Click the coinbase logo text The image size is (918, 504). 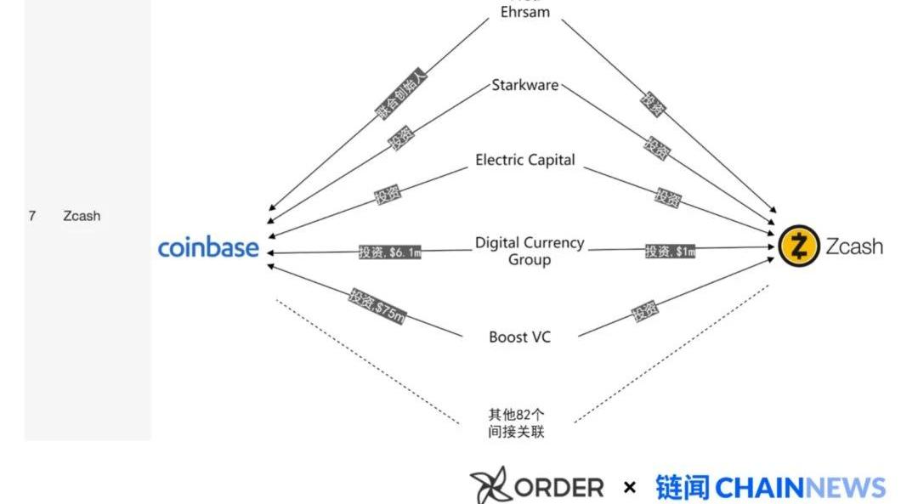[208, 247]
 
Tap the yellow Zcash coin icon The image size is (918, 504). [799, 247]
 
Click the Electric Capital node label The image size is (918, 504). [524, 160]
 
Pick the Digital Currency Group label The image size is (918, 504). [529, 251]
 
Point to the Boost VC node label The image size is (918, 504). [519, 337]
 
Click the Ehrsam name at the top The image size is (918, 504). [524, 12]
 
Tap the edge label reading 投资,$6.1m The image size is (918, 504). [389, 252]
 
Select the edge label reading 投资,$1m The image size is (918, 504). [670, 251]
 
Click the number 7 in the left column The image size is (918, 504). [32, 216]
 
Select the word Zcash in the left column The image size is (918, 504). [82, 216]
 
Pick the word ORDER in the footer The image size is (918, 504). [559, 487]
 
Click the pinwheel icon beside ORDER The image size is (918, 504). [490, 485]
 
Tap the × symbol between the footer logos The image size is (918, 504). [629, 487]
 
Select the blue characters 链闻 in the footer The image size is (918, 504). [683, 487]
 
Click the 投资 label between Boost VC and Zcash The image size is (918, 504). [644, 312]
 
